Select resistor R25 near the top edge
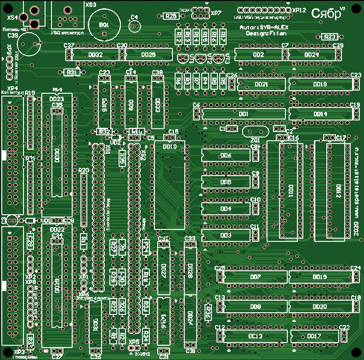tap(170, 16)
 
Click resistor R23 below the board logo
tap(330, 37)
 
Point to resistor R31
tap(71, 72)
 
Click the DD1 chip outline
tap(243, 113)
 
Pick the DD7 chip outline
tap(256, 277)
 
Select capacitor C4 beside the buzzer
tap(134, 26)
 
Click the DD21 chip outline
tap(261, 84)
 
